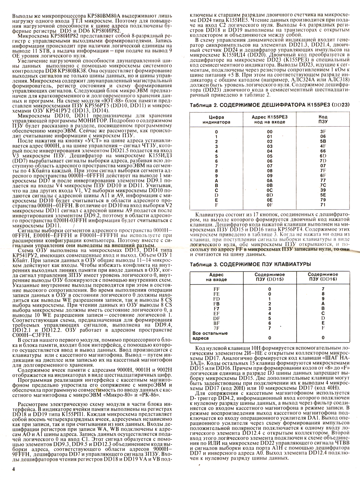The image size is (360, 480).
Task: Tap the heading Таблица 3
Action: pyautogui.click(x=206, y=264)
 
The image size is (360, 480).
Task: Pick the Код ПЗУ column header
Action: pyautogui.click(x=323, y=119)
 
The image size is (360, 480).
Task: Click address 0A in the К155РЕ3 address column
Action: pyautogui.click(x=270, y=180)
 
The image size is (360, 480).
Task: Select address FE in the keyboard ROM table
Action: pyautogui.click(x=217, y=294)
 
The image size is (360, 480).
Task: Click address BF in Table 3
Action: pyautogui.click(x=217, y=323)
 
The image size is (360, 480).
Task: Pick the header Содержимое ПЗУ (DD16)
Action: pyautogui.click(x=323, y=277)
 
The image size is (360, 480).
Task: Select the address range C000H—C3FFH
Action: pyautogui.click(x=32, y=335)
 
